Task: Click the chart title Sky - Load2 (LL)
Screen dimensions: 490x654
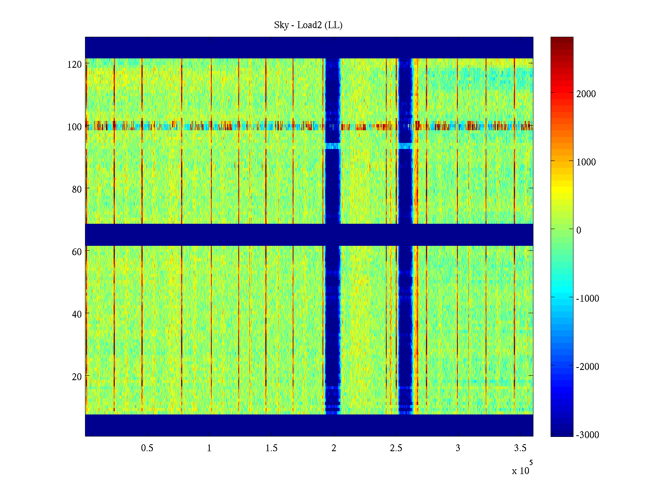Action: click(x=308, y=25)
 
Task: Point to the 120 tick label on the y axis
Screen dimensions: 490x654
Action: click(x=74, y=65)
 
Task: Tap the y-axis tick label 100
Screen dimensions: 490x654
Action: click(x=74, y=127)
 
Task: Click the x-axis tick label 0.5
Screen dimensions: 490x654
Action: click(x=147, y=448)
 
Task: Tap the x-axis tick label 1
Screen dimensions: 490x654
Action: click(x=209, y=448)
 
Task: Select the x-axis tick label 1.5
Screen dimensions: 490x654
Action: click(x=271, y=448)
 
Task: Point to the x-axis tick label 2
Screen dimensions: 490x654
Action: click(x=334, y=448)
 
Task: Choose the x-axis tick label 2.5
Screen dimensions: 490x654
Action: click(x=396, y=448)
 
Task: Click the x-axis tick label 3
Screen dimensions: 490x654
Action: click(x=458, y=448)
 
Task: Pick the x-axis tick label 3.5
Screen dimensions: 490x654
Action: click(x=520, y=448)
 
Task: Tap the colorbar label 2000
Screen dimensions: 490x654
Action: click(x=586, y=94)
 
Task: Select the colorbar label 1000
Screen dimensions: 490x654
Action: click(x=586, y=162)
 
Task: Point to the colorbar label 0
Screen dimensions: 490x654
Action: click(x=578, y=230)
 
